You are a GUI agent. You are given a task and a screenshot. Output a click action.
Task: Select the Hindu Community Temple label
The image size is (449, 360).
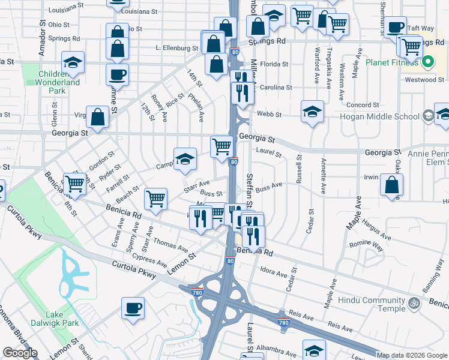(x=372, y=304)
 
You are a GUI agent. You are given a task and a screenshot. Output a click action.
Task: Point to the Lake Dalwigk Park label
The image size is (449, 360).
(x=62, y=319)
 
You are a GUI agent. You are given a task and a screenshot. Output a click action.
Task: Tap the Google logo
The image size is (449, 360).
(x=20, y=353)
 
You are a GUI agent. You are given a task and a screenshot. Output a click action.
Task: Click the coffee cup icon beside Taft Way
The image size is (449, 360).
(x=395, y=27)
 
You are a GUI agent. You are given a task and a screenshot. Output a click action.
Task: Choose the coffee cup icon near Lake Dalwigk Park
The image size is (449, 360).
(x=133, y=308)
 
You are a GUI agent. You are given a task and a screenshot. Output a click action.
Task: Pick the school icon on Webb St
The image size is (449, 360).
(x=312, y=112)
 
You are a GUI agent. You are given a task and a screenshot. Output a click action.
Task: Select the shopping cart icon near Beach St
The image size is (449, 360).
(x=155, y=198)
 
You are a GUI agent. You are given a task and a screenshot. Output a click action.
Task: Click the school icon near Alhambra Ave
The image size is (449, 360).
(x=314, y=350)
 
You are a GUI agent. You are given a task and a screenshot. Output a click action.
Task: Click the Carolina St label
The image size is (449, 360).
(x=276, y=87)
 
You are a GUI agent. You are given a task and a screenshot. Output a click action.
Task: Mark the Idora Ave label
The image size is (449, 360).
(x=274, y=274)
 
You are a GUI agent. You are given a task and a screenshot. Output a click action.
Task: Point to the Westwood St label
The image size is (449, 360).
(x=424, y=79)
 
